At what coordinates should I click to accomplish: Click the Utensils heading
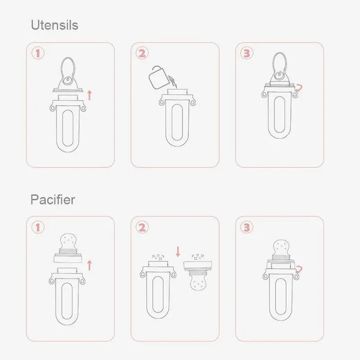pyautogui.click(x=54, y=25)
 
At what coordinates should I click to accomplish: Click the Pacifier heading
pyautogui.click(x=53, y=199)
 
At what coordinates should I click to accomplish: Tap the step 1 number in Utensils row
pyautogui.click(x=38, y=54)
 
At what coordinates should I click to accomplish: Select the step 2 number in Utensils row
pyautogui.click(x=142, y=54)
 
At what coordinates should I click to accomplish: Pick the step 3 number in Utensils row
pyautogui.click(x=247, y=54)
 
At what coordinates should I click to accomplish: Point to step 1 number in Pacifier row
pyautogui.click(x=38, y=228)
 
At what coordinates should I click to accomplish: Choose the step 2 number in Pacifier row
pyautogui.click(x=142, y=228)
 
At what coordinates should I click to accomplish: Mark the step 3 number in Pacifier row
pyautogui.click(x=247, y=228)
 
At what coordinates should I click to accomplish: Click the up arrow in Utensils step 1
pyautogui.click(x=89, y=94)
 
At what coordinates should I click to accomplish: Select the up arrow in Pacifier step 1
pyautogui.click(x=89, y=265)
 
